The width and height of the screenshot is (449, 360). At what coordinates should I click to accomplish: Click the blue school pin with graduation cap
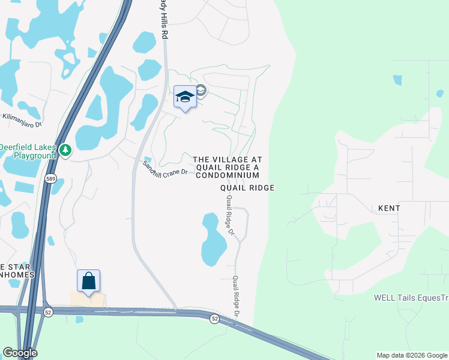click(185, 97)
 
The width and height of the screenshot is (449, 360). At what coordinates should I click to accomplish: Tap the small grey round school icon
click(200, 91)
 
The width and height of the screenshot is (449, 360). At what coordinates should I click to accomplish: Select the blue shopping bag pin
click(88, 281)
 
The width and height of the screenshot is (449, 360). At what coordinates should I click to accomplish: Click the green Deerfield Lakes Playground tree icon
click(65, 150)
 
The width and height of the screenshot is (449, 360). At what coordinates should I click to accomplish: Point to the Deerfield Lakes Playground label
click(28, 151)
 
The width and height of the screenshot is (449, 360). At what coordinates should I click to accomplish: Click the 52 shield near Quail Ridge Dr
click(214, 319)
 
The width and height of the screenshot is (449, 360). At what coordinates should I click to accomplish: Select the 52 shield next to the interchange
click(49, 311)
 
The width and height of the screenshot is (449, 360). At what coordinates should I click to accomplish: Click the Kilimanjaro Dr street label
click(22, 121)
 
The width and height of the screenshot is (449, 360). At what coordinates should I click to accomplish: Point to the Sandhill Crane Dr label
click(165, 169)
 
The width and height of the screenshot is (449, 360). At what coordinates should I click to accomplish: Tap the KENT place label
click(389, 208)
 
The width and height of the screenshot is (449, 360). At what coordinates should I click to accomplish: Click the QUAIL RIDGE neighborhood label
click(247, 188)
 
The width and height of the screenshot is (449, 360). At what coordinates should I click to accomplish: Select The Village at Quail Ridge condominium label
click(227, 167)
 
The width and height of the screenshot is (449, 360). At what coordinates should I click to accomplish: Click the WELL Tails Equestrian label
click(411, 297)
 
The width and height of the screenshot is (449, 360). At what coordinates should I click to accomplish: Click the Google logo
click(20, 353)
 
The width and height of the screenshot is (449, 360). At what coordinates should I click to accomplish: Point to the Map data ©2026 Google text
click(411, 355)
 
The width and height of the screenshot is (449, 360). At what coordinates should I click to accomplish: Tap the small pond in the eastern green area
click(397, 79)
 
